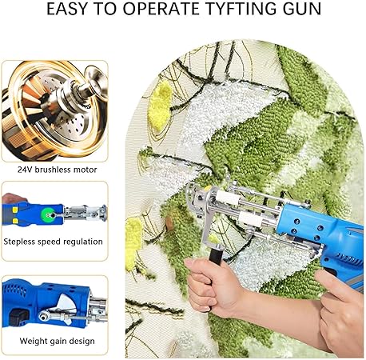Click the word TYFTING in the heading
(x=241, y=9)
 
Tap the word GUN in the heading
(x=302, y=9)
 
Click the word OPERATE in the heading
(x=161, y=9)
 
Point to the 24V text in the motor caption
(x=25, y=170)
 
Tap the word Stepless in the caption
(x=19, y=242)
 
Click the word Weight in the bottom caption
(x=32, y=341)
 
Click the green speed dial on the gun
(x=47, y=214)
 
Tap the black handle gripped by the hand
(x=216, y=255)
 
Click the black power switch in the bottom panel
(x=18, y=317)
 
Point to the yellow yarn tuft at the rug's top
(x=160, y=106)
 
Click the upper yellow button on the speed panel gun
(x=15, y=210)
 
